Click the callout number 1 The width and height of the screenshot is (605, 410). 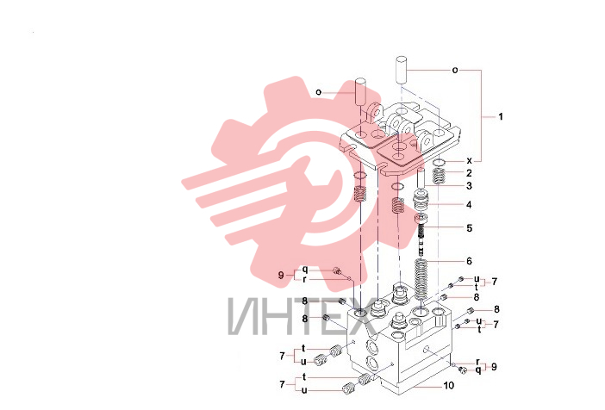tap(501, 116)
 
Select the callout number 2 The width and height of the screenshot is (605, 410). tap(469, 173)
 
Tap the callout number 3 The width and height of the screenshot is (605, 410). tap(469, 186)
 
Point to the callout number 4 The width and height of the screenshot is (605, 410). tap(469, 204)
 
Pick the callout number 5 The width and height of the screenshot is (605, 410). tap(469, 228)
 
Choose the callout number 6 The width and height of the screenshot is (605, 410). tap(469, 261)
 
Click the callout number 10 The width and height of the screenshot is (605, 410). tap(448, 385)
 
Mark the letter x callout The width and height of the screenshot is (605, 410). tap(469, 160)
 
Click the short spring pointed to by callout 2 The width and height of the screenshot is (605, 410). tap(439, 177)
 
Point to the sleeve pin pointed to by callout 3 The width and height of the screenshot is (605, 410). tap(421, 177)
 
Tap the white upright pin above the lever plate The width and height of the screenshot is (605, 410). tap(401, 69)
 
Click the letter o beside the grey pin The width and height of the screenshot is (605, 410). tap(318, 92)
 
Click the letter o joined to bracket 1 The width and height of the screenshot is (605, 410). tap(455, 70)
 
